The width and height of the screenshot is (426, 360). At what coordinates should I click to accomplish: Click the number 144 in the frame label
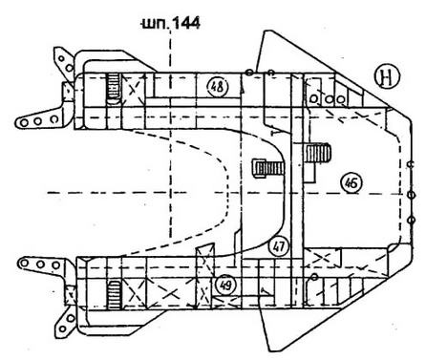pos(186,24)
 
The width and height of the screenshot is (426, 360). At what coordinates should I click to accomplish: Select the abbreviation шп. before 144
pos(155,24)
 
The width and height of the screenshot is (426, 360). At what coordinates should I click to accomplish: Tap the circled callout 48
pos(218,87)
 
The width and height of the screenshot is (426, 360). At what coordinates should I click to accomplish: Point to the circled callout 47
pos(279,246)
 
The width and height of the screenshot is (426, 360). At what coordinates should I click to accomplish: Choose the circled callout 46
pos(351,182)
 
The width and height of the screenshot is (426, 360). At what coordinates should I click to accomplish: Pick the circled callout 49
pos(225,286)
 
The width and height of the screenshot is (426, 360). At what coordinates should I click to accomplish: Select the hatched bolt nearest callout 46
pos(318,153)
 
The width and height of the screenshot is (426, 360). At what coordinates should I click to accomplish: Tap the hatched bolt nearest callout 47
pos(267,168)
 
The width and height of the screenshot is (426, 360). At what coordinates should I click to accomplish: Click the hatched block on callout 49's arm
pos(114,295)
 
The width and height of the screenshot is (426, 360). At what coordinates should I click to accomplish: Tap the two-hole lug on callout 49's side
pos(65,322)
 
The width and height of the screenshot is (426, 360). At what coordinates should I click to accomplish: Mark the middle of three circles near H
pos(330,99)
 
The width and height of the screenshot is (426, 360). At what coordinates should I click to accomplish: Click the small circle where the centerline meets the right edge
pos(412,194)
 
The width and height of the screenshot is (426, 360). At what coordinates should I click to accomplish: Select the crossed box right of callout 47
pos(322,258)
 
